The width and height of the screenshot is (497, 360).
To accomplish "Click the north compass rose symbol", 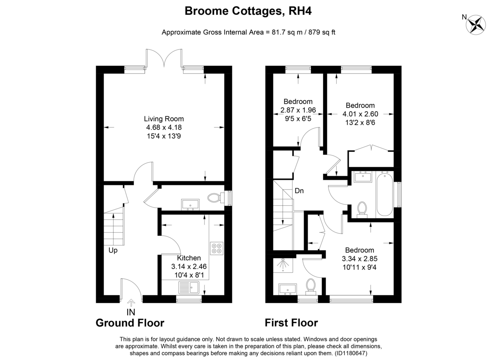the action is tap(476, 25).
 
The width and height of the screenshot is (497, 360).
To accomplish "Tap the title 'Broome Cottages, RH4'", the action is tap(248, 11).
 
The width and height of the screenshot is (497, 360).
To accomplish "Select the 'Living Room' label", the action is tap(164, 119).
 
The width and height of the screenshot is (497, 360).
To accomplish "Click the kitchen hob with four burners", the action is tap(217, 248).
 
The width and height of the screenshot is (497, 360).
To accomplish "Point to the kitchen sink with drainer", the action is tap(189, 288).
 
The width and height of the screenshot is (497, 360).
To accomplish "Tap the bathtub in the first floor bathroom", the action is tap(384, 194).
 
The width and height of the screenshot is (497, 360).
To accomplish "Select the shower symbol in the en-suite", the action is tap(283, 265).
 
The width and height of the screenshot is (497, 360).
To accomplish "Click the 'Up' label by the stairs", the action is tap(113, 250).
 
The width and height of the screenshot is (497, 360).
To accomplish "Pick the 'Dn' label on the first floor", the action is tap(299, 191).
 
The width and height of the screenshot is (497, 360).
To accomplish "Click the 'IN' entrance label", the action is tap(131, 312).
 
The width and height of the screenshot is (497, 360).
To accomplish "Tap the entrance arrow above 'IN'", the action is tap(131, 302).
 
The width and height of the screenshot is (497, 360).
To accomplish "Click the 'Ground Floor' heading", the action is tap(130, 323).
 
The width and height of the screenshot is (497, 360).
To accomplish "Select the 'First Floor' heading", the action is tap(291, 323).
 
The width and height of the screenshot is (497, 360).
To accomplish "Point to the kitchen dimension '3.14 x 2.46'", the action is tap(189, 266).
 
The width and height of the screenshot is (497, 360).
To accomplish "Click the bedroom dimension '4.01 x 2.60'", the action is tap(360, 114).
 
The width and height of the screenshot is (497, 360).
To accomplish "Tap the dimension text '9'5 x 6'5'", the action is tap(298, 119).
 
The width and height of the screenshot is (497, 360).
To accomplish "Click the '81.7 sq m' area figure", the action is tap(287, 32).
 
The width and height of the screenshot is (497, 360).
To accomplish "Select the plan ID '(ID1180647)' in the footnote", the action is tap(351, 353).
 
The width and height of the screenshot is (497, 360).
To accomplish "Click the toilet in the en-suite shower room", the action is tap(311, 286).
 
